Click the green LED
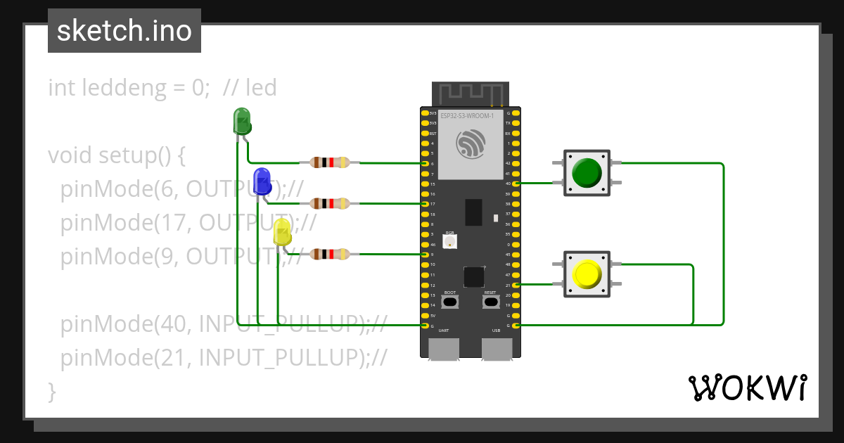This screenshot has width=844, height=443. [x=242, y=121]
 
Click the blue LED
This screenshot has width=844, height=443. [x=262, y=181]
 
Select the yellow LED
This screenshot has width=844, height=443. [x=282, y=232]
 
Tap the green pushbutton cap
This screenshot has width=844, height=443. [x=586, y=172]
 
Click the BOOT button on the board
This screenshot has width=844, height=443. [x=450, y=302]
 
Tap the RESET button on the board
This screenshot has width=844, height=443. [x=490, y=302]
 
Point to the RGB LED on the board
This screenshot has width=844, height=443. [x=450, y=240]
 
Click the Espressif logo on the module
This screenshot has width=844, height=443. [x=471, y=145]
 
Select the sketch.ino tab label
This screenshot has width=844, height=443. [x=124, y=31]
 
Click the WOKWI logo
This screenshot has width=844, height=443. [x=747, y=387]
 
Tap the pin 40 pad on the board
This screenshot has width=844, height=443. [x=517, y=184]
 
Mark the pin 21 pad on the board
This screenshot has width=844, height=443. [x=517, y=285]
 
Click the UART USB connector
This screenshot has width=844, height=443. [x=444, y=349]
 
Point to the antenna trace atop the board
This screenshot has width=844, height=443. [x=470, y=94]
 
